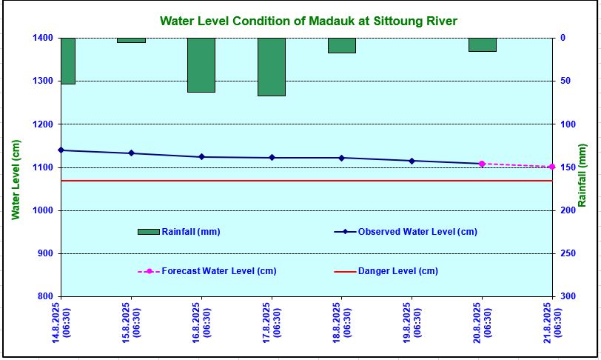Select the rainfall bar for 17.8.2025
(272, 67)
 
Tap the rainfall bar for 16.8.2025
(201, 65)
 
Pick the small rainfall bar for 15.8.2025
(131, 40)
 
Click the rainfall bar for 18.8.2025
(342, 45)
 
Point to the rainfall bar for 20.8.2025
(482, 44)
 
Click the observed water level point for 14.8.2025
(61, 150)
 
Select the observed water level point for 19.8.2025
(412, 161)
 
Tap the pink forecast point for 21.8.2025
(552, 167)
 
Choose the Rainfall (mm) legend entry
(179, 232)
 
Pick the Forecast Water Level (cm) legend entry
(207, 271)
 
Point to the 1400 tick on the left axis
(43, 38)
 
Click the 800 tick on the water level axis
(46, 297)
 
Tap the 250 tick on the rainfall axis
(566, 253)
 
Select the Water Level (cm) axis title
(15, 180)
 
